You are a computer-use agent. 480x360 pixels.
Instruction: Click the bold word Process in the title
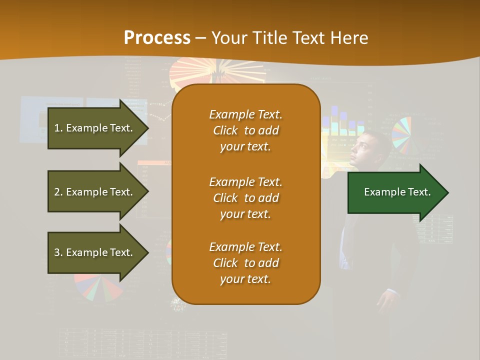157,38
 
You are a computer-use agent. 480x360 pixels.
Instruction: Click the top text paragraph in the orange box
245,130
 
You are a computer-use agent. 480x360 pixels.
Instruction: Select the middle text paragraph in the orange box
245,198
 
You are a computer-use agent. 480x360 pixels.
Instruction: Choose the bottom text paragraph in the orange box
245,263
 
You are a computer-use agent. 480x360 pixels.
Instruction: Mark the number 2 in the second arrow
57,192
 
